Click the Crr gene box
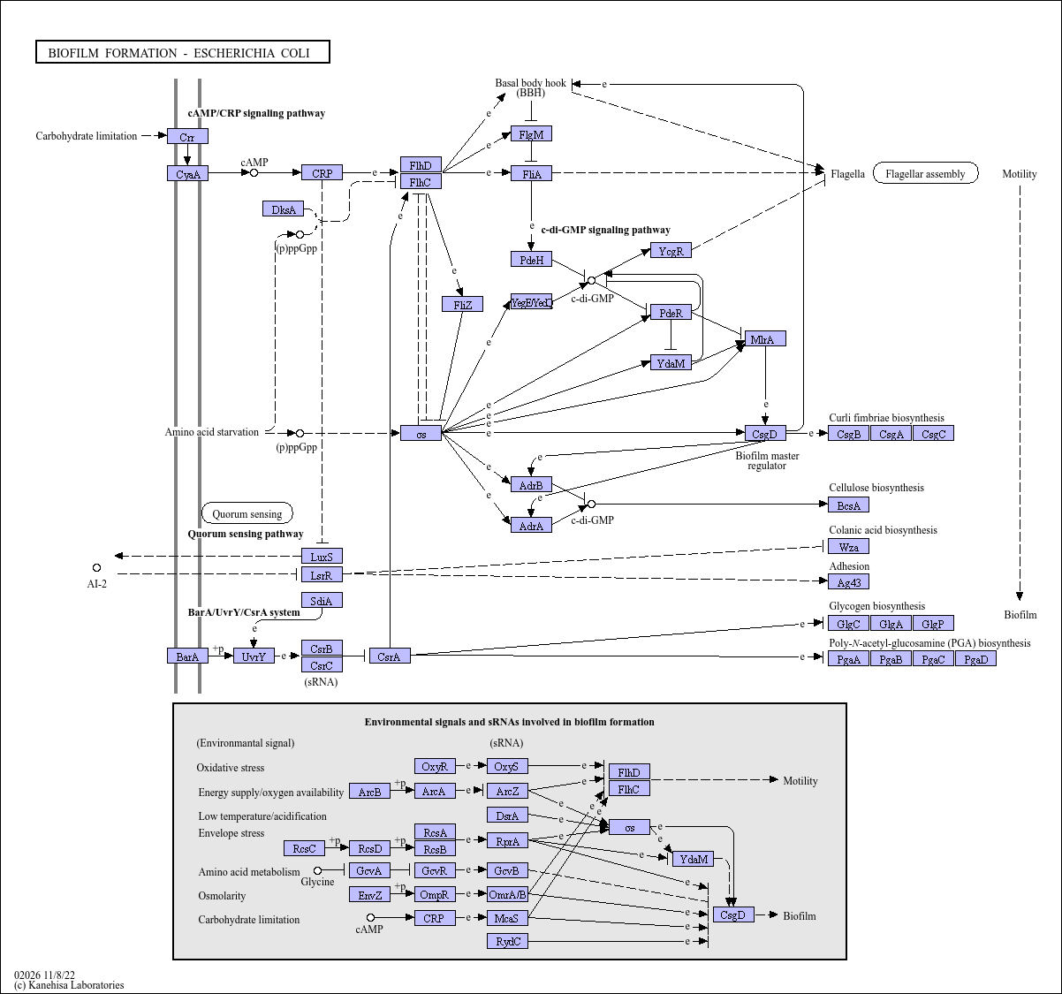click(x=187, y=136)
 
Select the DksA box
click(x=284, y=209)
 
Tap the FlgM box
click(x=531, y=133)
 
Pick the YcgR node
click(x=671, y=250)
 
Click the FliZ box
click(x=463, y=305)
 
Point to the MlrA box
click(x=765, y=338)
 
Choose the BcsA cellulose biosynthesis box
click(x=849, y=505)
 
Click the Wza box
click(x=849, y=547)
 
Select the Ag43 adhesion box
click(x=849, y=582)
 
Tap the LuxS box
click(x=322, y=557)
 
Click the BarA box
click(x=187, y=656)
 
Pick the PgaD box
click(x=976, y=659)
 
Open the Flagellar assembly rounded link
click(x=926, y=173)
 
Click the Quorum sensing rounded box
click(x=247, y=513)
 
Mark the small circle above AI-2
click(x=97, y=567)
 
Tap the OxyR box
click(x=435, y=766)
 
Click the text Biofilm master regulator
click(x=767, y=460)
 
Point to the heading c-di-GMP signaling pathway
click(x=606, y=230)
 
